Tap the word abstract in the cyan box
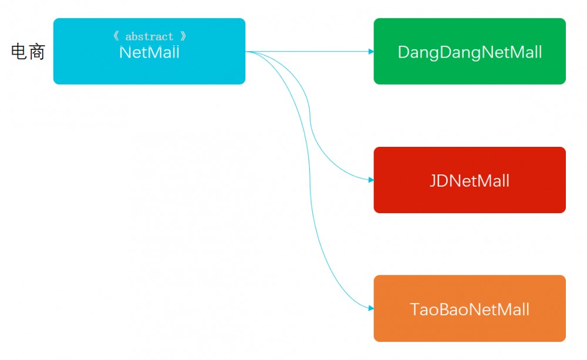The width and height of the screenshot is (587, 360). (149, 36)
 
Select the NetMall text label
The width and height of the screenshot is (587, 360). (149, 52)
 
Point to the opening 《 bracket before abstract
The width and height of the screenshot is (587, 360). (116, 36)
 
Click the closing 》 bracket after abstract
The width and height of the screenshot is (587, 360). (183, 36)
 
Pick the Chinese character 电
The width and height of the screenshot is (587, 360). (19, 52)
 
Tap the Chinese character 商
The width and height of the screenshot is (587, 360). (36, 52)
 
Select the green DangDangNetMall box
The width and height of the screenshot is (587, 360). (470, 70)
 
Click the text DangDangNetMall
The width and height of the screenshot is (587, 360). (470, 52)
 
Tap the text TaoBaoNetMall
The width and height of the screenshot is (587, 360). (470, 309)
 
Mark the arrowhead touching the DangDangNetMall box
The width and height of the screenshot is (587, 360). (371, 52)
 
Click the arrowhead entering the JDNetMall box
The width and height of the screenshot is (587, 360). (371, 180)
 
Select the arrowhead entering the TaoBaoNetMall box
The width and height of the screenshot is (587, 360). (371, 308)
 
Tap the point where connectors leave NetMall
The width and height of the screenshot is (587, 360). (247, 52)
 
